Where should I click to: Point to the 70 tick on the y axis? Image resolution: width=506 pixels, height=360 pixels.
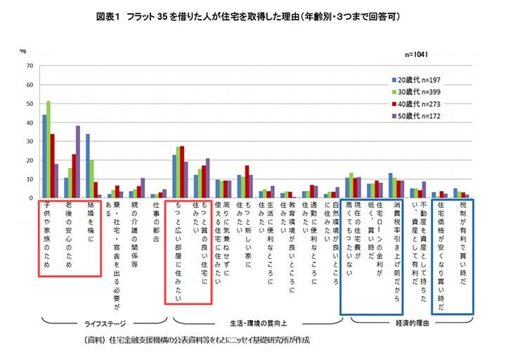tap(30, 66)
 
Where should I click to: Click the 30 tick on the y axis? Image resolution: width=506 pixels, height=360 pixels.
tap(30, 142)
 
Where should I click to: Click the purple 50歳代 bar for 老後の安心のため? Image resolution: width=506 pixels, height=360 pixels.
tap(78, 162)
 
